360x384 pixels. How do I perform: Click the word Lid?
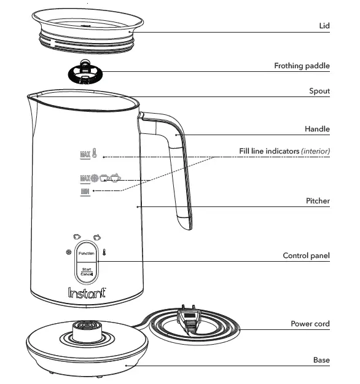click(x=324, y=26)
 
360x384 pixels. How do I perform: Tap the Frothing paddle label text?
click(x=302, y=66)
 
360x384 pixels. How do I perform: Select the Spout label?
click(x=319, y=91)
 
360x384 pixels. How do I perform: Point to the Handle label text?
click(x=317, y=129)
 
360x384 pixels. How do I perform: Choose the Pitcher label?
click(x=318, y=201)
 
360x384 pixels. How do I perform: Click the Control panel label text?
click(x=306, y=256)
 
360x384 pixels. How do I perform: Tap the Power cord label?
click(x=310, y=324)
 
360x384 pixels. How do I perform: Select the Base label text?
click(x=321, y=360)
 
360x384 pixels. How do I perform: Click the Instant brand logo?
click(x=86, y=293)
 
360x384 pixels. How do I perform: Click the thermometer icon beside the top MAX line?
click(x=95, y=153)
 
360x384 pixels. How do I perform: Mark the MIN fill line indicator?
click(x=85, y=192)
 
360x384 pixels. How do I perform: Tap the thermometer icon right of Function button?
click(x=104, y=252)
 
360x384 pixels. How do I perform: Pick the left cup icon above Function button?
click(x=76, y=236)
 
